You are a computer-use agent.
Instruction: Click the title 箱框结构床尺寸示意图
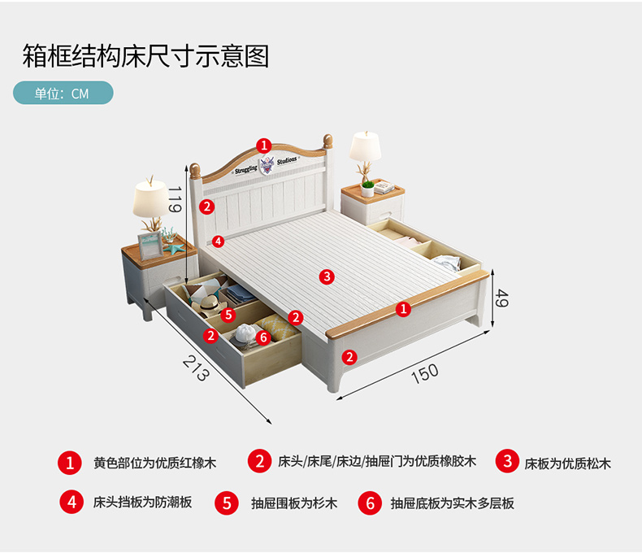[x=145, y=56]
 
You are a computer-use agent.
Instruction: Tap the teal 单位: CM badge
[x=63, y=93]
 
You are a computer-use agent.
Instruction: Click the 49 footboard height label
[x=501, y=298]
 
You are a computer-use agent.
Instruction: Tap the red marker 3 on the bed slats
[x=327, y=276]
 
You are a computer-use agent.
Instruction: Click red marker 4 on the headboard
[x=217, y=241]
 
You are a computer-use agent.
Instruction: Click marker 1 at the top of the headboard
[x=264, y=145]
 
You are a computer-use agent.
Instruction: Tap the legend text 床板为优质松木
[x=567, y=463]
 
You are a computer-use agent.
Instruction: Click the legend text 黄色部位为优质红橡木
[x=154, y=463]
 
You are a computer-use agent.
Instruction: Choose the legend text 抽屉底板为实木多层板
[x=452, y=503]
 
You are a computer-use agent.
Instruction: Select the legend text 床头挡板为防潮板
[x=142, y=503]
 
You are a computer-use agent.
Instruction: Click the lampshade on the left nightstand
[x=150, y=197]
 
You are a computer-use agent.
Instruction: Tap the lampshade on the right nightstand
[x=367, y=146]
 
